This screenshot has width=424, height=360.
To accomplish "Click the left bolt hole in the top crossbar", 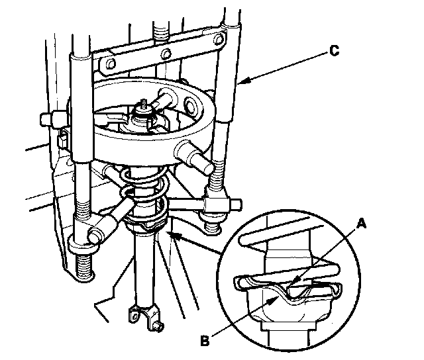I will point(105,64).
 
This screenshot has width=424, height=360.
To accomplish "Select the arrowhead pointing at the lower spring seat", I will point(170,233).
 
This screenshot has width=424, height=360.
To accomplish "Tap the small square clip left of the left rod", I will point(62,138).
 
